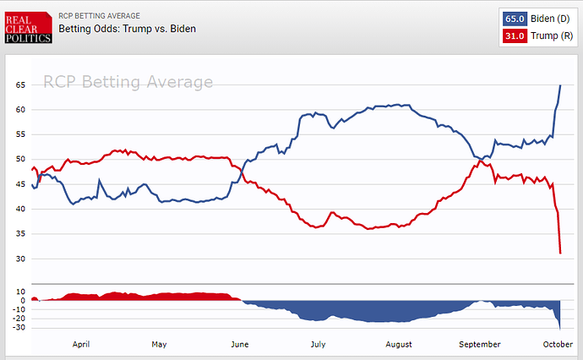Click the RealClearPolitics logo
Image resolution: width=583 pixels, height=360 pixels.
27,28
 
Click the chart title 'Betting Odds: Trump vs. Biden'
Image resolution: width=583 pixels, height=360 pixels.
127,30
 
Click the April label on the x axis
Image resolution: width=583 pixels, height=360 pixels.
81,345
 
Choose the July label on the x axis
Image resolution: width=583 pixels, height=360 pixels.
319,345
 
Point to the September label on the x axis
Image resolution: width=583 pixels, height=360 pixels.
478,345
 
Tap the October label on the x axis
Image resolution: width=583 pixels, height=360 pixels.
558,345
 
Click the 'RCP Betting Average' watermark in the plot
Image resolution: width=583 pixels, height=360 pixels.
128,82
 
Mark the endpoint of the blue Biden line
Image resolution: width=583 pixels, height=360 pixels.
561,85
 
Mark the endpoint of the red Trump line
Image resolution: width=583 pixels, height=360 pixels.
561,253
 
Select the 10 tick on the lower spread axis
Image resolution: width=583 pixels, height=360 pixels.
20,291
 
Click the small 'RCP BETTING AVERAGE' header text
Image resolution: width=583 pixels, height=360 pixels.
100,16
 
